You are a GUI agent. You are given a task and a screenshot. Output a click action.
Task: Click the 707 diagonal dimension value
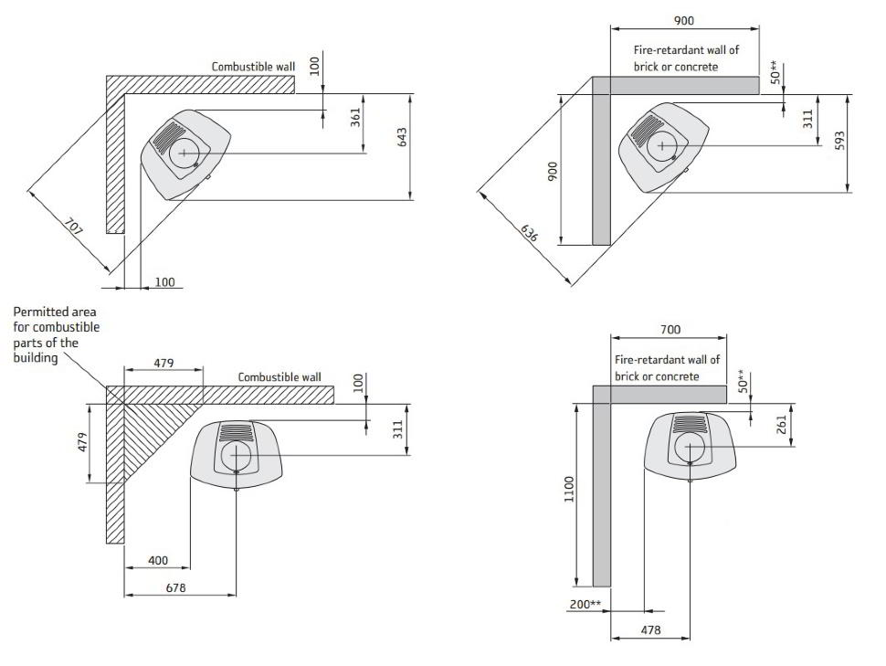73,227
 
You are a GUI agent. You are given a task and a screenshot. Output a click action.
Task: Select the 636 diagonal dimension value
529,233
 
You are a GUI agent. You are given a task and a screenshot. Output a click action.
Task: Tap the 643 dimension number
402,137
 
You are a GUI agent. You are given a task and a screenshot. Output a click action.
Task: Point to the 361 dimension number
355,118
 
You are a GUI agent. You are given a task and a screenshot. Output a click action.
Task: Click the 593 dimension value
839,140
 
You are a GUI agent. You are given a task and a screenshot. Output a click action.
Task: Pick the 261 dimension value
782,425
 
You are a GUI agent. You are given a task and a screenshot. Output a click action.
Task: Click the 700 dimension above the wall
670,329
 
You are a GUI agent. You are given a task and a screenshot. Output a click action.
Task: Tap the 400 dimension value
158,560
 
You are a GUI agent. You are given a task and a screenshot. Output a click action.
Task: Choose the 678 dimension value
175,588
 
